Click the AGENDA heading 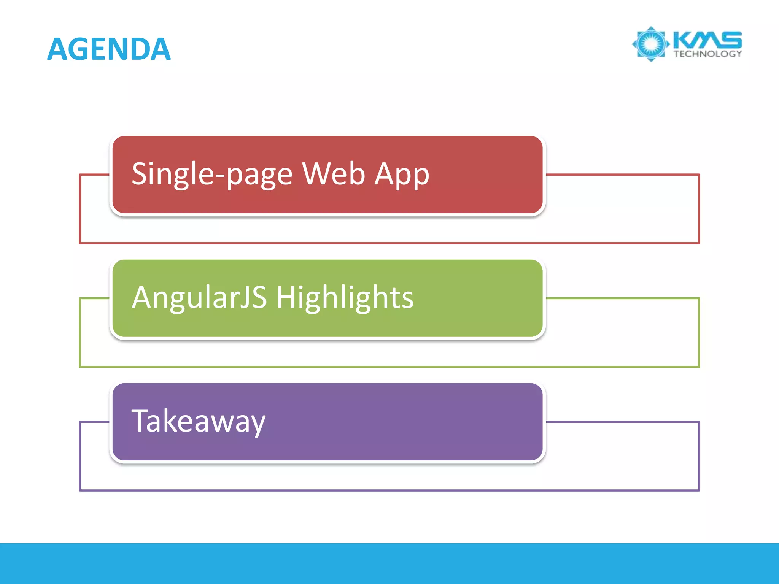(109, 49)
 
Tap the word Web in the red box (334, 174)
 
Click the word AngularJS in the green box (199, 298)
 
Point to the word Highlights (345, 298)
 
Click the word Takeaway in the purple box (198, 421)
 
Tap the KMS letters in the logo (707, 40)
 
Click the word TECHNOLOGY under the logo (707, 54)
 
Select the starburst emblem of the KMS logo (651, 44)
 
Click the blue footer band (389, 563)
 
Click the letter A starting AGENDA (58, 49)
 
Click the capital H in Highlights (286, 298)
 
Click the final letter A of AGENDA (160, 49)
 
